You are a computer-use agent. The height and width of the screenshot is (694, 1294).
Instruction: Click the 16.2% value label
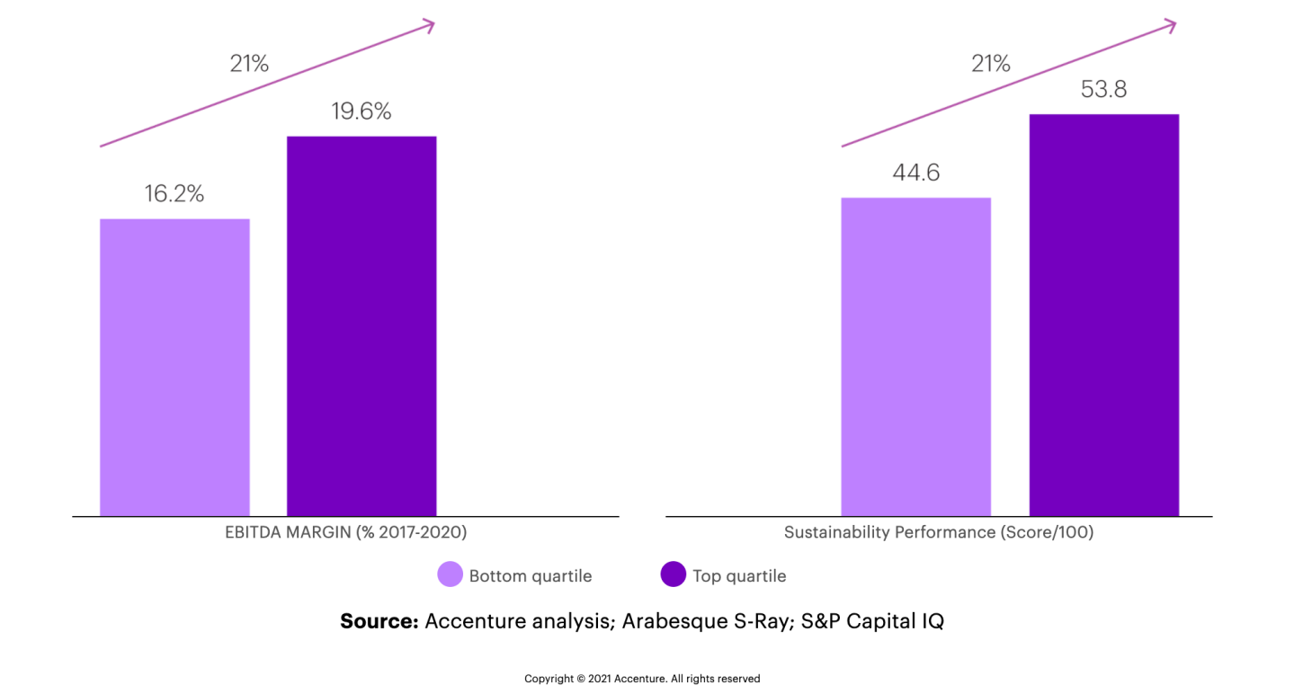[x=174, y=193]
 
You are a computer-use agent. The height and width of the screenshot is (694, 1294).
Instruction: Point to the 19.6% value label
[x=361, y=111]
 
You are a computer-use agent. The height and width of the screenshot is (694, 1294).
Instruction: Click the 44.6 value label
[x=915, y=173]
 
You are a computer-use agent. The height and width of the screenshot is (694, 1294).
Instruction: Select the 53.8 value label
[x=1103, y=90]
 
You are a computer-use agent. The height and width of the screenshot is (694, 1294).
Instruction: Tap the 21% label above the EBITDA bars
[x=248, y=64]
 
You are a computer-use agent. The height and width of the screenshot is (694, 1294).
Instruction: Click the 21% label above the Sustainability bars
[x=990, y=64]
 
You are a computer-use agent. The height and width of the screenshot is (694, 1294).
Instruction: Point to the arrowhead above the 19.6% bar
[x=429, y=24]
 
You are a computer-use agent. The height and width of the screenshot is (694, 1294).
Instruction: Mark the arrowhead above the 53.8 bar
[x=1170, y=24]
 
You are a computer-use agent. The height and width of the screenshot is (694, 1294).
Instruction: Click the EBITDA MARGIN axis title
[x=345, y=532]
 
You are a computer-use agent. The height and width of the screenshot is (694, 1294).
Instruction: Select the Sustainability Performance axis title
[x=938, y=532]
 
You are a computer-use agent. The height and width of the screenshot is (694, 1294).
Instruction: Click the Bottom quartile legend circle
[x=450, y=575]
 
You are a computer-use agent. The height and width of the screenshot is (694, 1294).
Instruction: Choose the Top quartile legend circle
[x=673, y=575]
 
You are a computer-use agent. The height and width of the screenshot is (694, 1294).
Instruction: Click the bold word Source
[x=379, y=621]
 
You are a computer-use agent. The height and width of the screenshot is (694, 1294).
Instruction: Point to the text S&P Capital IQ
[x=872, y=621]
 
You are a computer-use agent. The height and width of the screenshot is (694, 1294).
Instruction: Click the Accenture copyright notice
[x=642, y=679]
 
